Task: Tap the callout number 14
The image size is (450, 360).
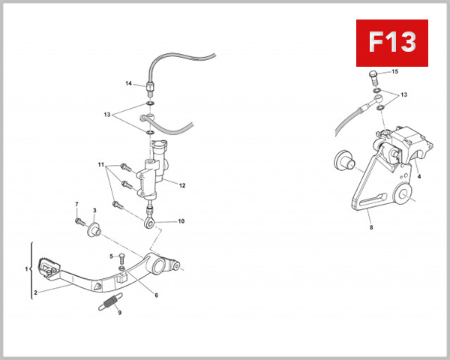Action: coord(128,83)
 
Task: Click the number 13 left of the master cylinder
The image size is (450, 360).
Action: coord(108,115)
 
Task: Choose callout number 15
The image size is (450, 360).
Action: coord(395,71)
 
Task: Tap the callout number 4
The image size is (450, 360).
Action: coord(419,176)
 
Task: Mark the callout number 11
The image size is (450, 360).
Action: coord(99,163)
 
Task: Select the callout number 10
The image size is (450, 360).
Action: coord(180,222)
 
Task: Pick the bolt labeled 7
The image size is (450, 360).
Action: coord(78,220)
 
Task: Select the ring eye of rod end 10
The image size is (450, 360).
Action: coord(151,222)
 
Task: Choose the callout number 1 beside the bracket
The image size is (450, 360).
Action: coord(26,268)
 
